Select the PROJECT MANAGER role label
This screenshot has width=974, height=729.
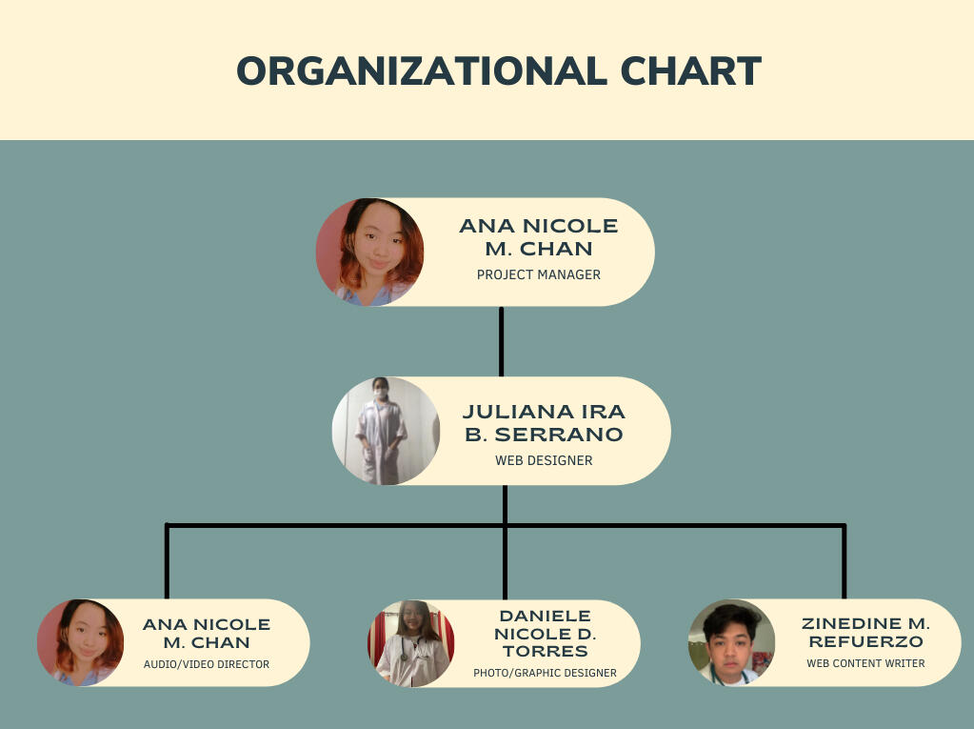click(538, 274)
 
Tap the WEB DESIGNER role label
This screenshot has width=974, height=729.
click(544, 460)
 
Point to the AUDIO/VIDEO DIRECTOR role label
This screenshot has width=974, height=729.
click(206, 664)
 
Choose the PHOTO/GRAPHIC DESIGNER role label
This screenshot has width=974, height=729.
click(545, 673)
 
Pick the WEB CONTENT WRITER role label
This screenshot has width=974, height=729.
click(865, 663)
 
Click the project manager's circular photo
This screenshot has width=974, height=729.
click(369, 253)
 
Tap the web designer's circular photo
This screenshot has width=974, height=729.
click(386, 431)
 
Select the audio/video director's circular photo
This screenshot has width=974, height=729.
click(80, 642)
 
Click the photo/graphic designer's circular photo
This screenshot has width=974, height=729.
click(411, 643)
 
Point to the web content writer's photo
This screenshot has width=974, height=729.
click(731, 642)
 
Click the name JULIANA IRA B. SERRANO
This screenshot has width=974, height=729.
click(544, 423)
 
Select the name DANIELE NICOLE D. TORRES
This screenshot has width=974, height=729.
click(545, 634)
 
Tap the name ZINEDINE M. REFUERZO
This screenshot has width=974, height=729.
click(865, 633)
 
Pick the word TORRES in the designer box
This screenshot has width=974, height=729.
click(545, 652)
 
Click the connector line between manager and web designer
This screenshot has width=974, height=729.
click(502, 341)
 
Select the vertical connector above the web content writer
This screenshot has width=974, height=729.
click(844, 562)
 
